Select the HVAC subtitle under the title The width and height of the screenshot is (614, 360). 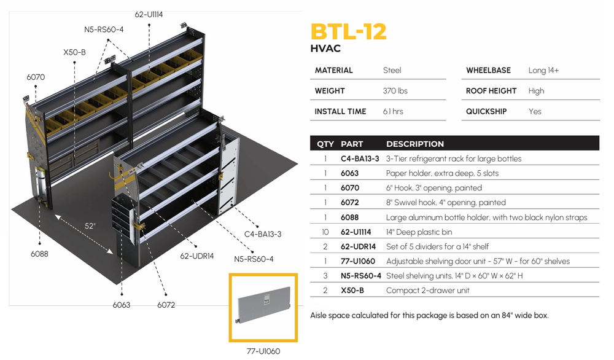(326, 49)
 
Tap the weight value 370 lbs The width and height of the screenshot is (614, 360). (395, 91)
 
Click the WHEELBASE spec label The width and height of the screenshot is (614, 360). (489, 71)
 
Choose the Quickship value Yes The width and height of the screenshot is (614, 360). (535, 112)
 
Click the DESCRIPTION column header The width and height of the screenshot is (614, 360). (414, 144)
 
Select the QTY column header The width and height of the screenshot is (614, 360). (325, 144)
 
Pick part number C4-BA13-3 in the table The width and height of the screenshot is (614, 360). (360, 158)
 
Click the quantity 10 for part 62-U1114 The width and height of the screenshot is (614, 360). (325, 232)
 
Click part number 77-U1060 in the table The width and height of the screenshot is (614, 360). (357, 261)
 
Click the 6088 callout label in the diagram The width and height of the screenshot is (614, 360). (39, 253)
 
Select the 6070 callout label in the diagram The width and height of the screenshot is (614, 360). (36, 77)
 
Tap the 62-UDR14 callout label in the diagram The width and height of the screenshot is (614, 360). (196, 256)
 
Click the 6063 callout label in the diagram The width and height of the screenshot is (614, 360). (122, 305)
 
